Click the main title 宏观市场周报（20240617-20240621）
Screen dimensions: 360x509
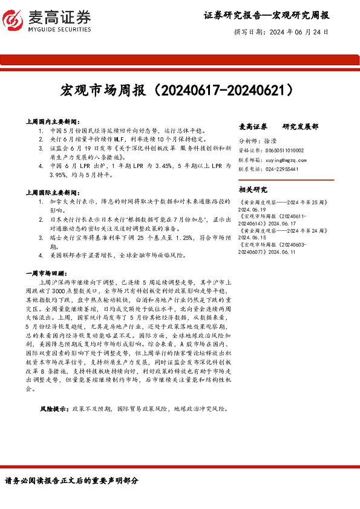[x=180, y=91]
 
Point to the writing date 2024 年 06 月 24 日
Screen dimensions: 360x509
[x=298, y=31]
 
